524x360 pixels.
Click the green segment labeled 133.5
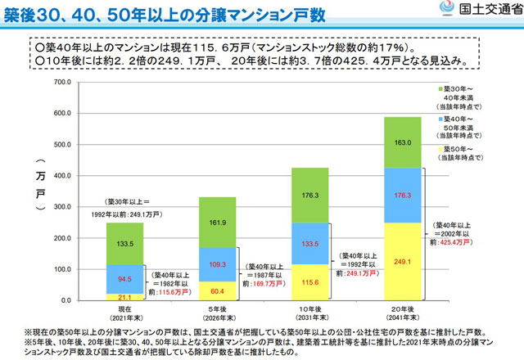tap(124, 244)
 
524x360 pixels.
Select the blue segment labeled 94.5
tap(124, 279)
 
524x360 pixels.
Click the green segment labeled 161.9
tap(218, 222)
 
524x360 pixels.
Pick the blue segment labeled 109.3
tap(218, 265)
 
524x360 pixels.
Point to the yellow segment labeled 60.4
tap(218, 291)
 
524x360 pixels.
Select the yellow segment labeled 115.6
tap(311, 282)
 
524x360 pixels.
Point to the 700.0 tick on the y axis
tap(64, 83)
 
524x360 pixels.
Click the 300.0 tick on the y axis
tap(64, 207)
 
